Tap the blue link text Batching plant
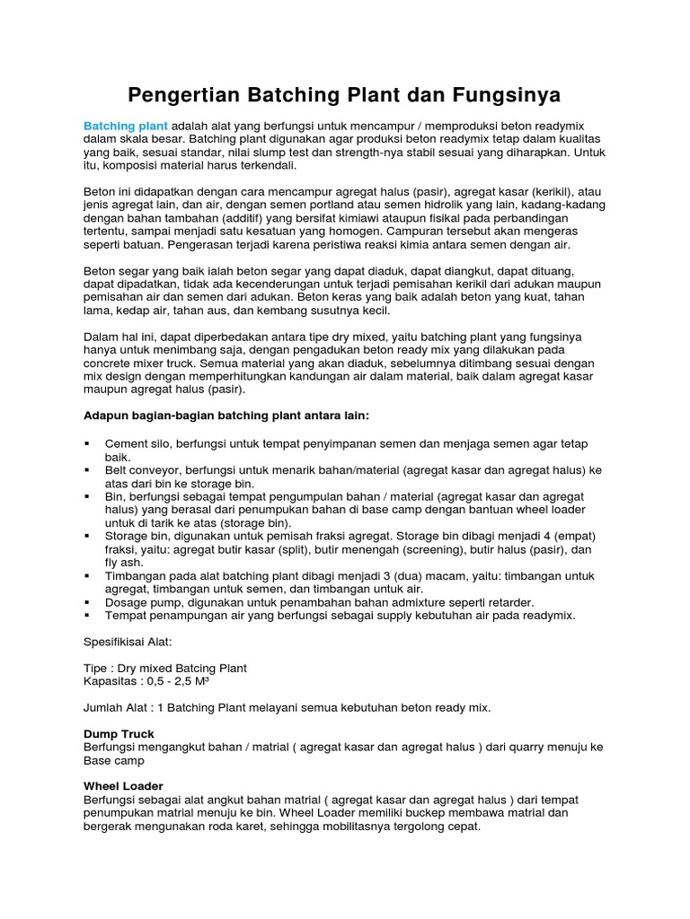126,126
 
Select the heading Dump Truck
119,733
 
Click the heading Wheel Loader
123,786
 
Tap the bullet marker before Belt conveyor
87,469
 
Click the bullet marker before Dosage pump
87,601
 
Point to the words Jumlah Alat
116,707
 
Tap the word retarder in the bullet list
509,601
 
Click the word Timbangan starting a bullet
137,575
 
